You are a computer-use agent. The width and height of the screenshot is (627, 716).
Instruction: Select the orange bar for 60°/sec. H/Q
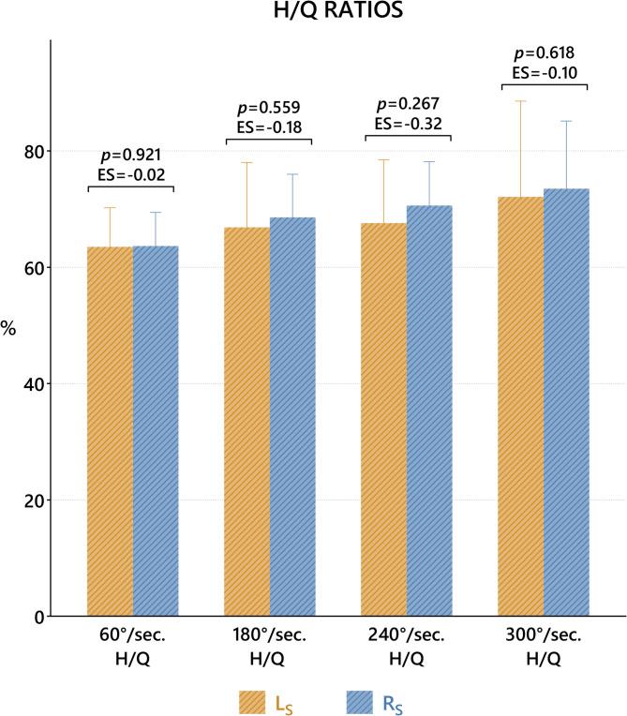click(110, 431)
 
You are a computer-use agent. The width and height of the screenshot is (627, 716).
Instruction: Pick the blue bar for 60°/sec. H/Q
click(156, 431)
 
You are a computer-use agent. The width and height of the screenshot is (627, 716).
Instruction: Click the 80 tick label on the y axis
click(34, 151)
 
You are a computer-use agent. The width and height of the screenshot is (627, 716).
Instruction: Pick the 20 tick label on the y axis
click(34, 500)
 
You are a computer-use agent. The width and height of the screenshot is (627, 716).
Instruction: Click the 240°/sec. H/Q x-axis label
click(407, 648)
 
